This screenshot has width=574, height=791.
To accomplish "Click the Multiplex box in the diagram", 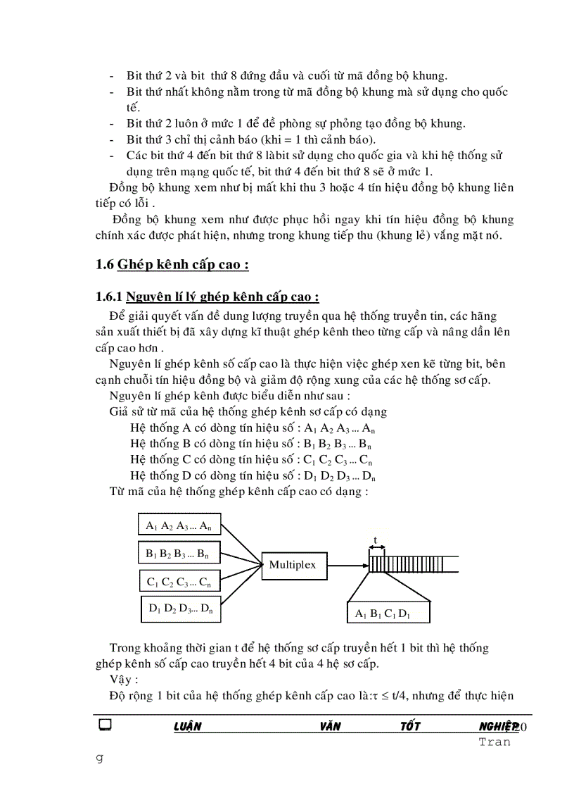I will point(293,564).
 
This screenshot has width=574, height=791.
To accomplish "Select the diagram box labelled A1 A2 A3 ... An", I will point(179,525).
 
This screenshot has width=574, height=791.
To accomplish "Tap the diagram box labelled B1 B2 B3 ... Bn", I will point(179,554).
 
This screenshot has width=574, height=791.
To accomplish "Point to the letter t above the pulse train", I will point(375,541).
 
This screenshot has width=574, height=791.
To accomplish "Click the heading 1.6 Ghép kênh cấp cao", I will point(172,265).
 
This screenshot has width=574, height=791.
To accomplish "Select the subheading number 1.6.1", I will point(108,296).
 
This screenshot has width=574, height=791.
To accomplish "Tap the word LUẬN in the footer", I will point(187,727).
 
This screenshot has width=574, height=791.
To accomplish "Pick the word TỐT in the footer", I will point(410,727).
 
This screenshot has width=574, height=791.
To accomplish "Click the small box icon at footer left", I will point(106,725).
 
